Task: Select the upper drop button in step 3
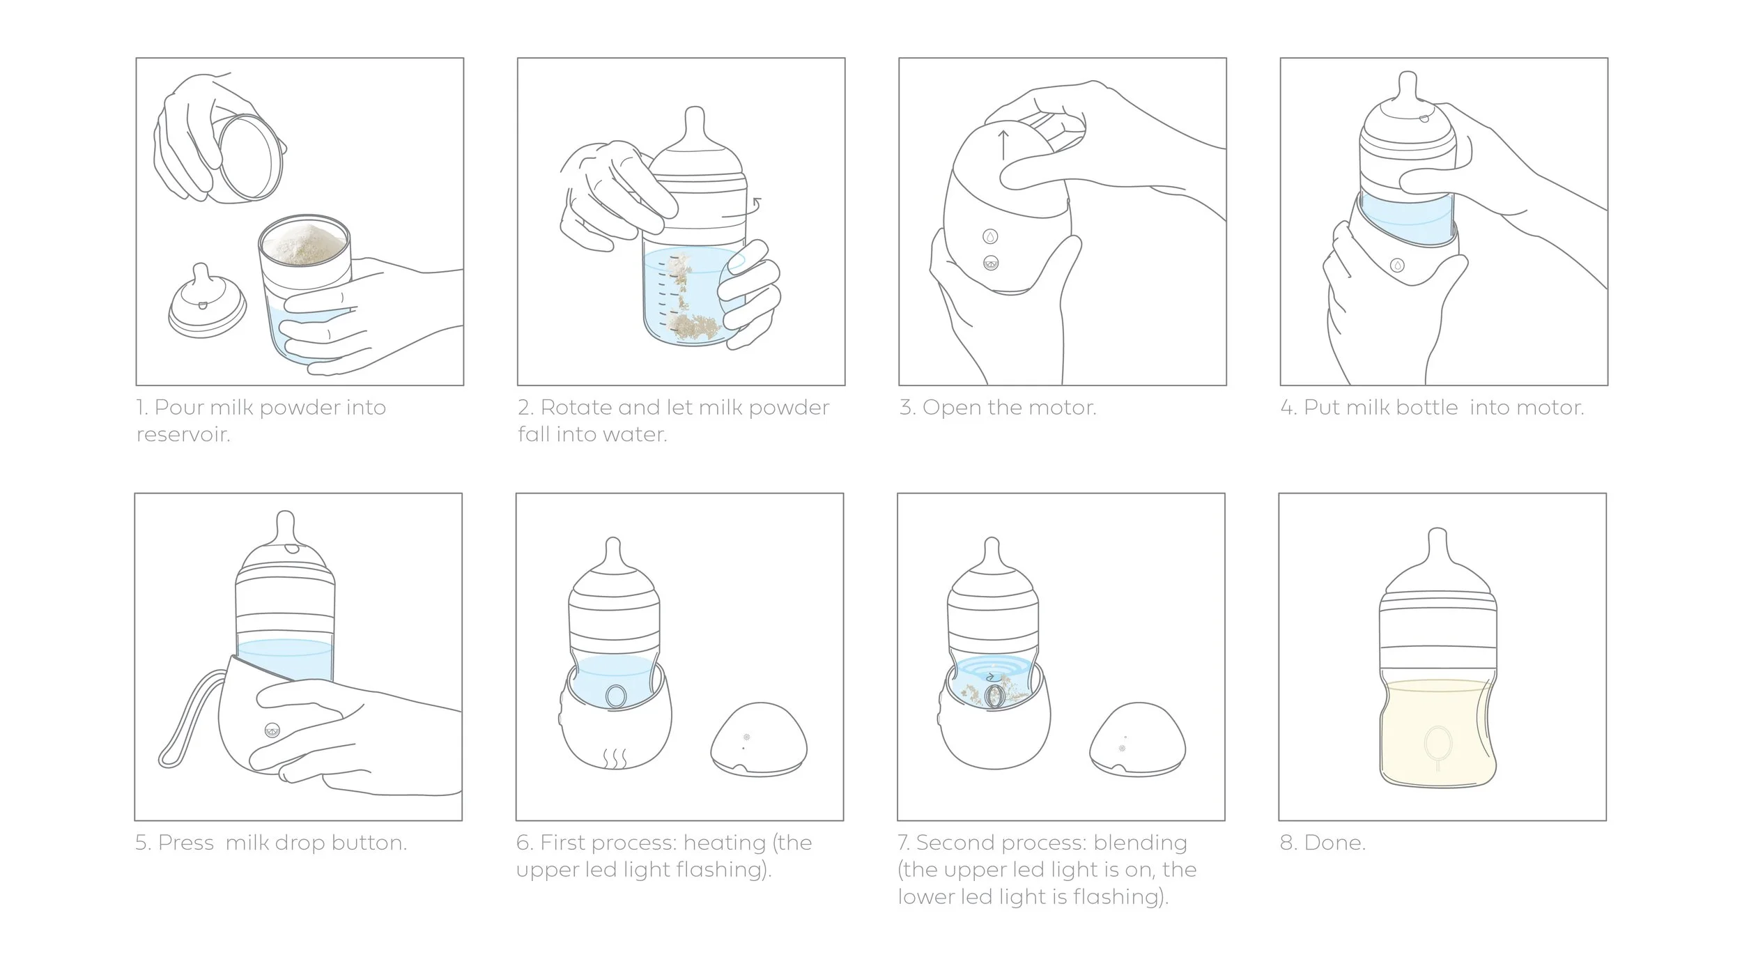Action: [990, 236]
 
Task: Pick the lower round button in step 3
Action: [990, 263]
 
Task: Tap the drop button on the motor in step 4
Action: [1397, 266]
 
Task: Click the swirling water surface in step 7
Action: [992, 671]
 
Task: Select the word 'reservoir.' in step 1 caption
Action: [183, 435]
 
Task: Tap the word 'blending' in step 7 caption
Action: [1140, 843]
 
